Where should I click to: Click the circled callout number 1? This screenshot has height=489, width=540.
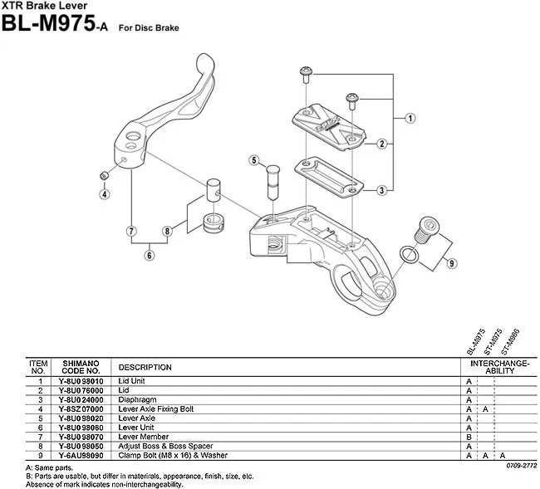[x=410, y=119]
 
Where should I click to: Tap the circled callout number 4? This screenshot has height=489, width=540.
[x=105, y=194]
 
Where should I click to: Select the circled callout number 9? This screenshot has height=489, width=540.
[x=452, y=264]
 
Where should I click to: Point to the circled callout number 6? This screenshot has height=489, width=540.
[x=150, y=256]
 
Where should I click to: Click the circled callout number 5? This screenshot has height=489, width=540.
[x=253, y=159]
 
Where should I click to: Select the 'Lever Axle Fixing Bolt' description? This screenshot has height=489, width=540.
[x=156, y=408]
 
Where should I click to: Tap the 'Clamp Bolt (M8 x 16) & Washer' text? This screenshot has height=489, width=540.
[x=172, y=455]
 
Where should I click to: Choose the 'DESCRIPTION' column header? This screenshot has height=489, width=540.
[x=145, y=367]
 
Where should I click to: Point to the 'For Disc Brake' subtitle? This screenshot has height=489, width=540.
[x=149, y=27]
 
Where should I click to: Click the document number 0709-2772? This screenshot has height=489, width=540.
[x=521, y=466]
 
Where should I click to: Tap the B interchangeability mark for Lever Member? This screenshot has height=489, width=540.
[x=469, y=437]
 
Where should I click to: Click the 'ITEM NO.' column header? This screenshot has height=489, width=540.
[x=38, y=367]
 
